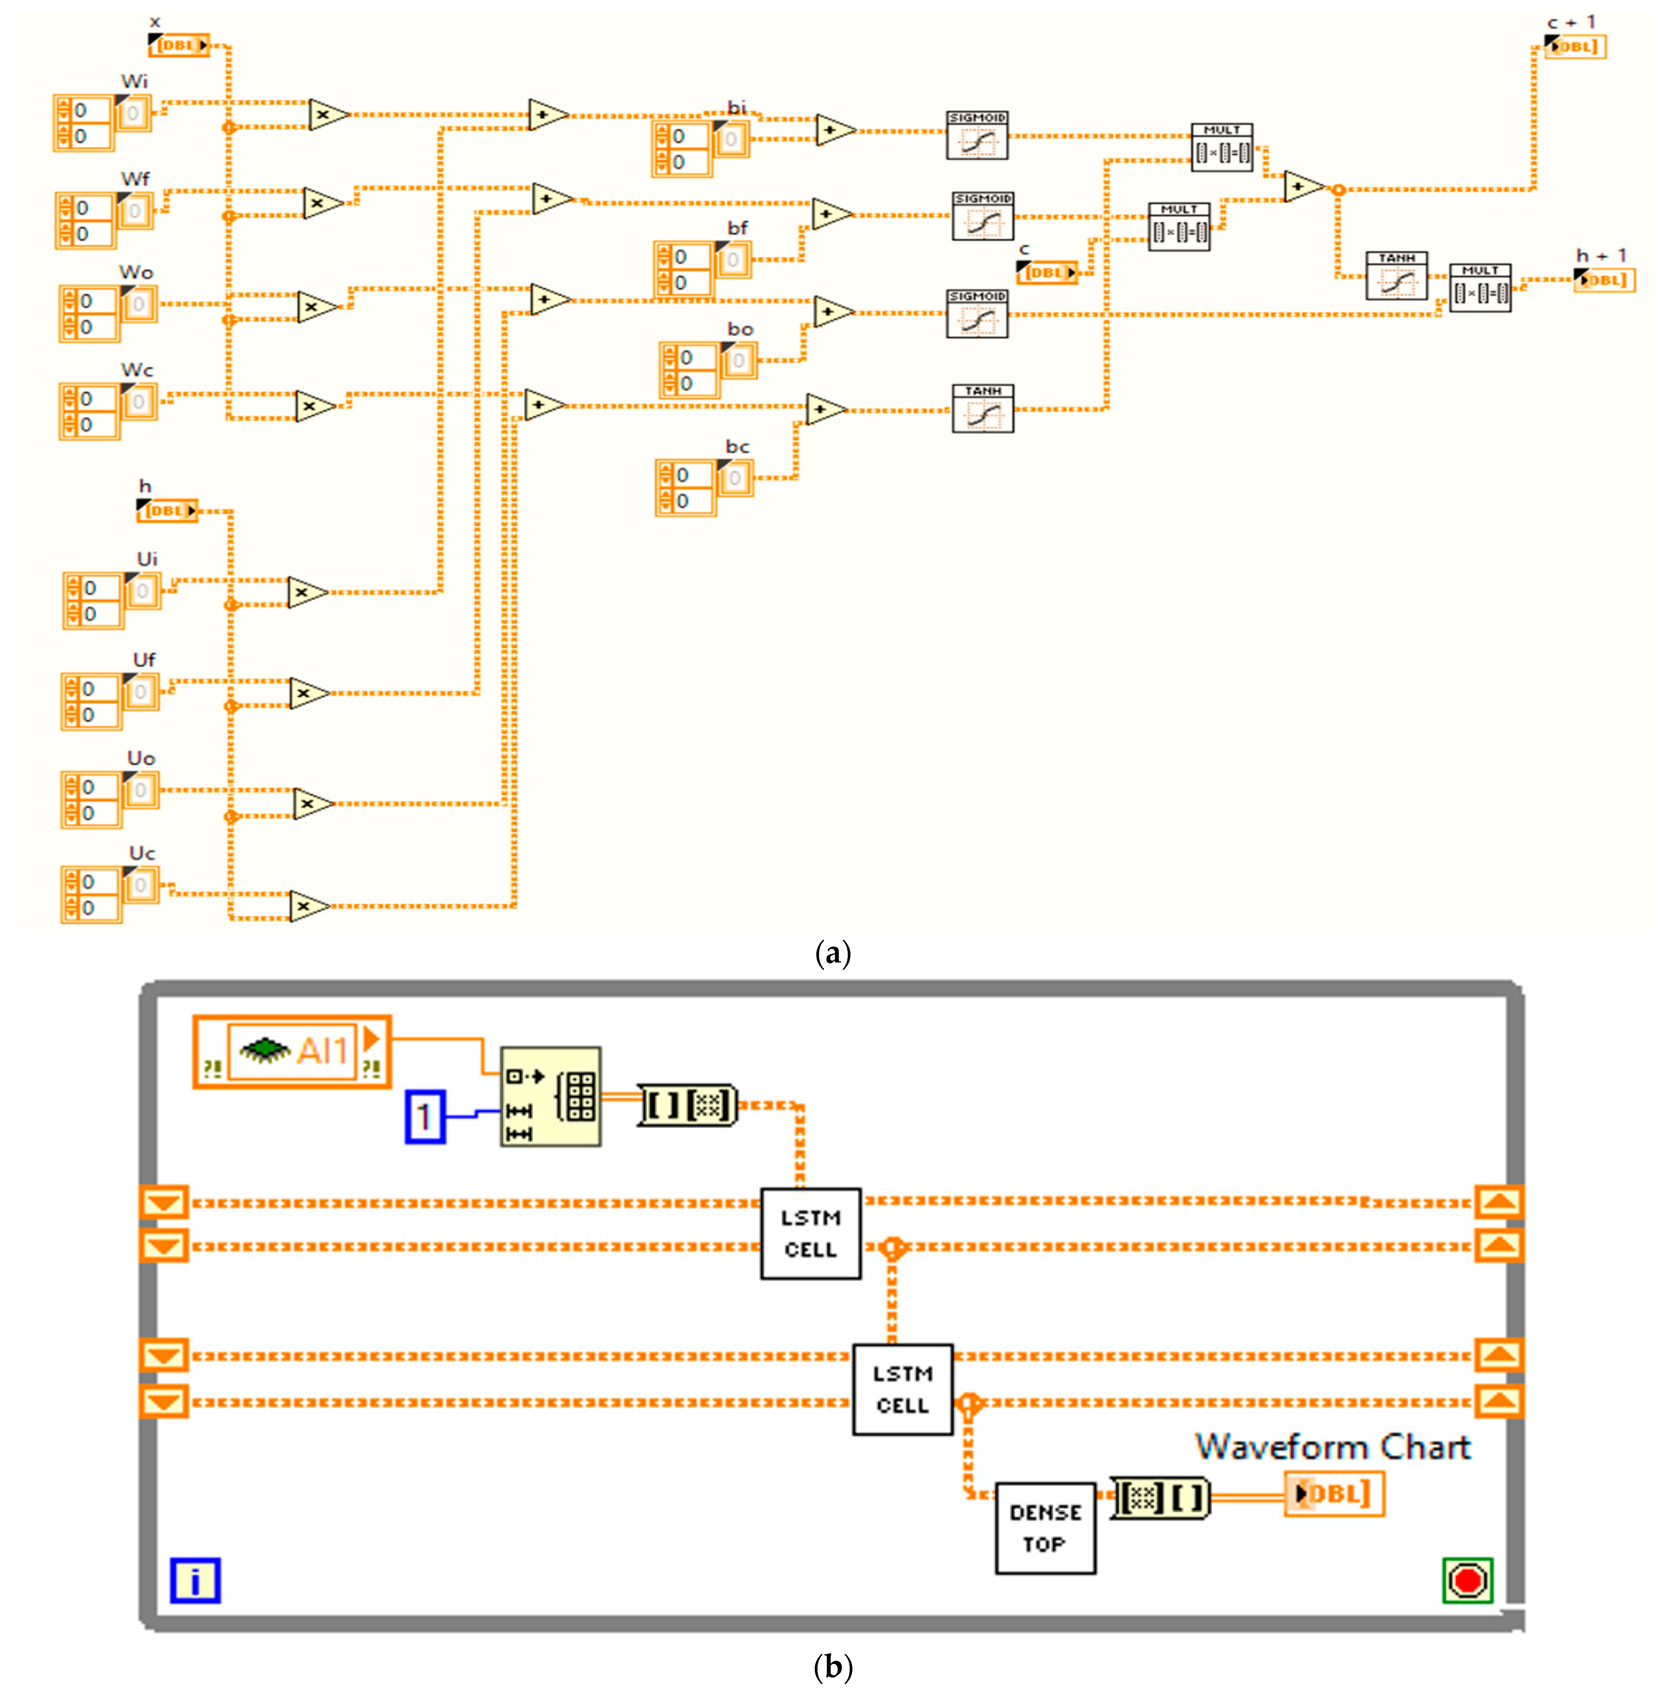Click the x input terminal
(x=179, y=45)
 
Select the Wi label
(x=134, y=81)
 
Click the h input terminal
(x=166, y=510)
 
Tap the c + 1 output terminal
(x=1575, y=46)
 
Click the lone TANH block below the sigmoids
(x=983, y=409)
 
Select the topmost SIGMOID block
(x=976, y=136)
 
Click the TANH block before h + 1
(x=1396, y=277)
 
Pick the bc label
(x=738, y=447)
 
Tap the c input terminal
(x=1046, y=272)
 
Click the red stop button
(x=1467, y=1580)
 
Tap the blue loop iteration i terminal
(x=195, y=1580)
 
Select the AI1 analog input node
(x=291, y=1051)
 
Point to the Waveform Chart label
(x=1333, y=1447)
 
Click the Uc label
(x=142, y=853)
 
